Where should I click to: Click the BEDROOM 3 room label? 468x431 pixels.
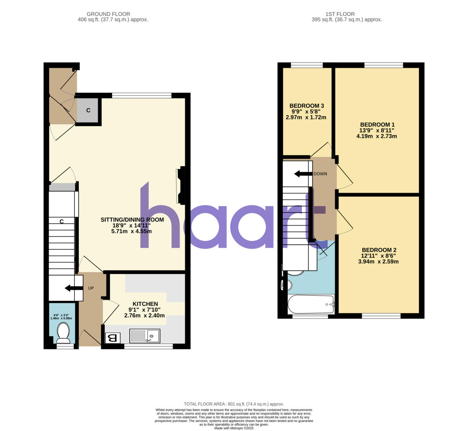pos(307,106)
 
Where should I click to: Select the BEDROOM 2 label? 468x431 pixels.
pos(379,250)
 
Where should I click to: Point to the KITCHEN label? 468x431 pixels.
pos(145,304)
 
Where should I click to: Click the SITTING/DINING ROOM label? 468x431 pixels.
pos(132,220)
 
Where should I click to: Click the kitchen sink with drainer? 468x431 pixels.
pos(145,336)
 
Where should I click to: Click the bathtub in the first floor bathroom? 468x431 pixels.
pos(311,304)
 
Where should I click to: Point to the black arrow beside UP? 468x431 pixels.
pos(73,288)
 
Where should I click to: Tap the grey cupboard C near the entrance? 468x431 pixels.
pos(88,111)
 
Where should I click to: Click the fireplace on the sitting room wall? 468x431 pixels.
pos(181,186)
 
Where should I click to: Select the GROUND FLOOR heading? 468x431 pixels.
pos(108,14)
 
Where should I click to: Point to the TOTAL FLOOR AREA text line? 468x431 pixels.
pos(234,404)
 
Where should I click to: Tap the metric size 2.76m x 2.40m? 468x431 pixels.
pos(144,316)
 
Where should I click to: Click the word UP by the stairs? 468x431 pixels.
pos(91,288)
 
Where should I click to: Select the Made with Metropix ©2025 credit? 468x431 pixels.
pos(234,428)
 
